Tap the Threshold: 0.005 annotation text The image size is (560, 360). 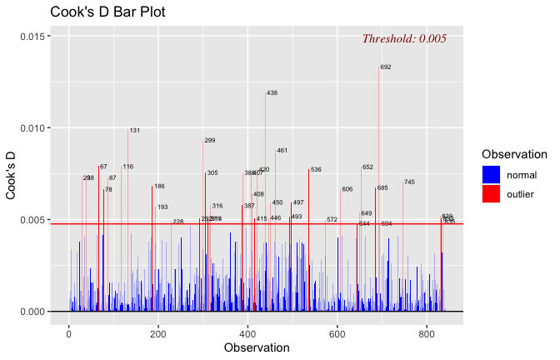[404, 38]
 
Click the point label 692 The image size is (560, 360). [386, 67]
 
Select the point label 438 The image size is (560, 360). [272, 93]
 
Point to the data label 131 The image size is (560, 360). [134, 131]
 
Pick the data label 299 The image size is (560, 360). [209, 141]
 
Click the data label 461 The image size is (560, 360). [282, 151]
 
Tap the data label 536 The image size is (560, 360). [316, 170]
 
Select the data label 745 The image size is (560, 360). [409, 182]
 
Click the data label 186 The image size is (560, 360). [159, 187]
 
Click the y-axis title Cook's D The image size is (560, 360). [12, 174]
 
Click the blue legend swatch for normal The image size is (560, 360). [491, 175]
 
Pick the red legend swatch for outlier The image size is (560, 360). [491, 194]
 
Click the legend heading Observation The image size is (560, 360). [514, 155]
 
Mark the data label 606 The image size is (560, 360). [347, 190]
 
